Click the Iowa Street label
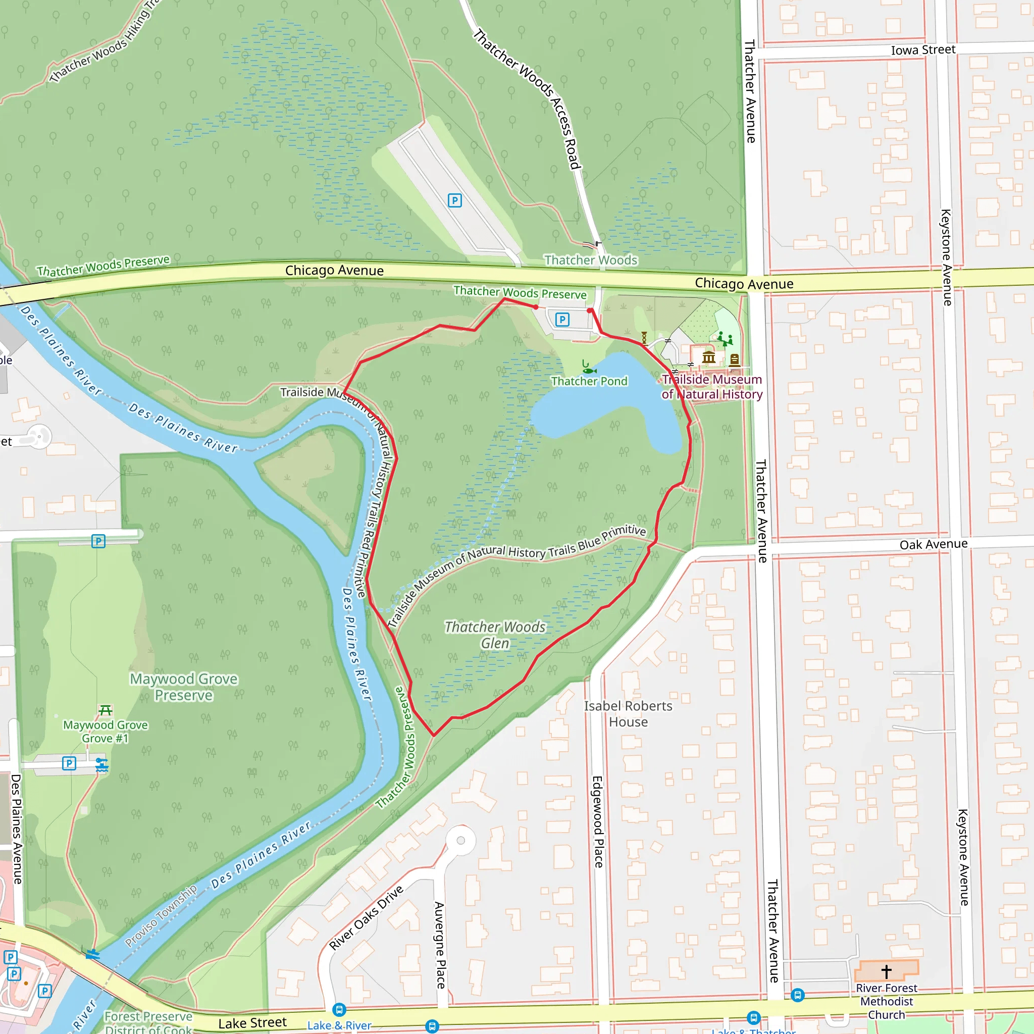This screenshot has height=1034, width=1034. (923, 50)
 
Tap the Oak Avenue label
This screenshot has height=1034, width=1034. (934, 544)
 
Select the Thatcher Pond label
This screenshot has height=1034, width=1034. (589, 381)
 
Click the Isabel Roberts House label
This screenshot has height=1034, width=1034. (628, 713)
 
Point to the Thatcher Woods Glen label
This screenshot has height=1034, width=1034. (495, 635)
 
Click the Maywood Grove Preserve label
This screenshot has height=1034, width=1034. (184, 687)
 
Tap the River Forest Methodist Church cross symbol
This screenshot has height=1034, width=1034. (886, 971)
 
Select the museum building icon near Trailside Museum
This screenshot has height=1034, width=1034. (709, 357)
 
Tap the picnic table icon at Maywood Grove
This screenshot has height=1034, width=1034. (106, 710)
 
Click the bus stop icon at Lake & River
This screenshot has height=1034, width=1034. (339, 1009)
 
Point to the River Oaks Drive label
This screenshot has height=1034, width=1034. (366, 918)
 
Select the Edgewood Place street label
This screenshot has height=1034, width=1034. (598, 822)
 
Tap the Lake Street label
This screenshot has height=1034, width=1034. (252, 1023)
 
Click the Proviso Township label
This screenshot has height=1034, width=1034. (161, 915)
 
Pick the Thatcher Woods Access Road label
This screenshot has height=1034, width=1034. (527, 99)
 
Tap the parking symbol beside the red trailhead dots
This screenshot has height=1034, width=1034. (562, 320)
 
